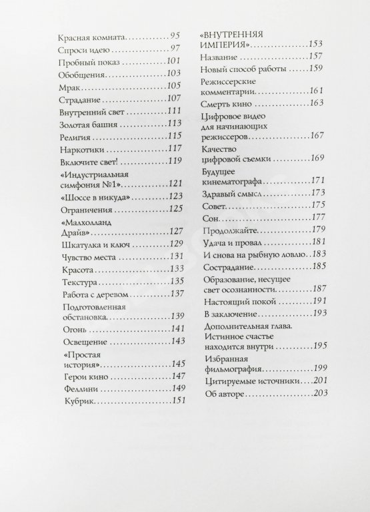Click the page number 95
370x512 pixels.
(175, 35)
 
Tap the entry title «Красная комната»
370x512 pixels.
(91, 36)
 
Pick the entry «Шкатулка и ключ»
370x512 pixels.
(87, 245)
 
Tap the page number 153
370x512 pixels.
(315, 44)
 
